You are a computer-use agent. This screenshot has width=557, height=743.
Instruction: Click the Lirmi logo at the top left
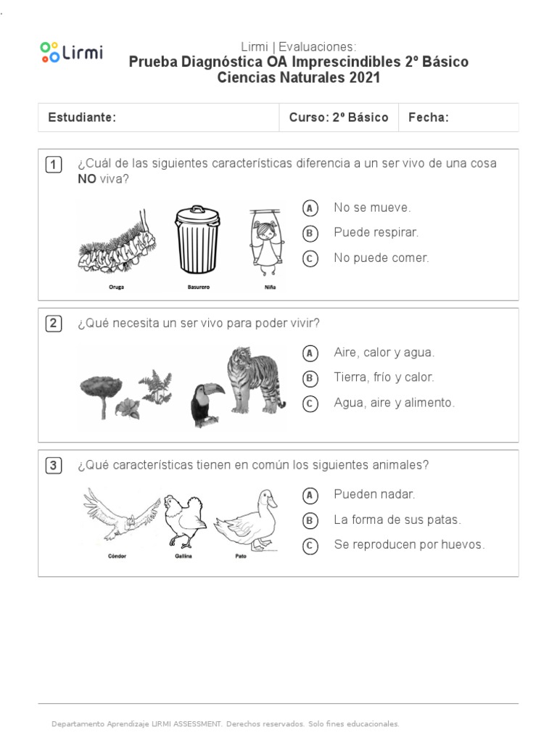(71, 52)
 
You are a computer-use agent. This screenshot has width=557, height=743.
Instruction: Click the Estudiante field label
(82, 118)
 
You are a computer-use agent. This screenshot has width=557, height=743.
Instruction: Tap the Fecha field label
(429, 118)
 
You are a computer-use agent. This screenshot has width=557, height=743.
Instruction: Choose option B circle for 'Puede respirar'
(310, 233)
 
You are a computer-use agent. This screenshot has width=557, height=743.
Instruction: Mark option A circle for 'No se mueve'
(310, 208)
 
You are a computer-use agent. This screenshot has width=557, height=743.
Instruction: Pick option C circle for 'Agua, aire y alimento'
(310, 403)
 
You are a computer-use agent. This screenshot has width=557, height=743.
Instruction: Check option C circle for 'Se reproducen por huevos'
(310, 545)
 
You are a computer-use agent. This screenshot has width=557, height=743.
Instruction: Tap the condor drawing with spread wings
(120, 515)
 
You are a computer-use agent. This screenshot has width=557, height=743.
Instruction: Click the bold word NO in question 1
(87, 179)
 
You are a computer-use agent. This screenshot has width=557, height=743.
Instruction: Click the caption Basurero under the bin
(197, 287)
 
